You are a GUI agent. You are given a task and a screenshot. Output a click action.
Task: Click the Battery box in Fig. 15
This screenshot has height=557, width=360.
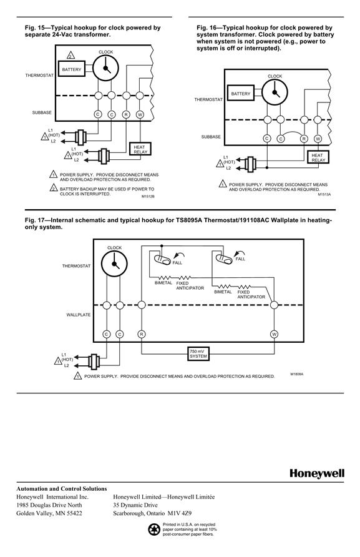(72, 69)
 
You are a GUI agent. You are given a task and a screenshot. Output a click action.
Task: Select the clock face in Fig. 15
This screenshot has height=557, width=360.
(106, 68)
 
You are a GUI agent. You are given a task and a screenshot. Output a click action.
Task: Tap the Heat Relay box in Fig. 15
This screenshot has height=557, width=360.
(140, 149)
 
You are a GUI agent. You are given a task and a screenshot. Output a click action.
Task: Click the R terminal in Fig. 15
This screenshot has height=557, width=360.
(126, 114)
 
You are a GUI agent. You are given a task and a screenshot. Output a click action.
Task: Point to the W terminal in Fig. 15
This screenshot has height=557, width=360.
(140, 114)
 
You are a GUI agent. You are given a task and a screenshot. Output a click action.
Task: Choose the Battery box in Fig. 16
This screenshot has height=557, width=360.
(241, 94)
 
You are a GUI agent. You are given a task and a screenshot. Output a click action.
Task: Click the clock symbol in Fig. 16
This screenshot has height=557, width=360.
(275, 92)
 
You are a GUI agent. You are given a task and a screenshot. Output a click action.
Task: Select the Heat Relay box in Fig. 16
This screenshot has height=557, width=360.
(318, 157)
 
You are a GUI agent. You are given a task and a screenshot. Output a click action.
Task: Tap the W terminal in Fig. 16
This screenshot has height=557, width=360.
(318, 139)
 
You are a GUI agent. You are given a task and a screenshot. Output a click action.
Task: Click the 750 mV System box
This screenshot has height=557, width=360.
(198, 353)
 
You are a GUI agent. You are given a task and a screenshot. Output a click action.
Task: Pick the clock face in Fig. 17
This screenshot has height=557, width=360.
(114, 264)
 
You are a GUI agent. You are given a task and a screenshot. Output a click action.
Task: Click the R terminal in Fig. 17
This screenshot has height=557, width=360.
(141, 334)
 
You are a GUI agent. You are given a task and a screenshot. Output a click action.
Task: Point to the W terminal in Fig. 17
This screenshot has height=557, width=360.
(274, 334)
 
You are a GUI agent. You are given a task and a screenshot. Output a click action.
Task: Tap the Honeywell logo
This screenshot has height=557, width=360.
(317, 473)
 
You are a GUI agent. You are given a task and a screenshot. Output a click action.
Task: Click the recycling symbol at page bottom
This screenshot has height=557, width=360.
(155, 530)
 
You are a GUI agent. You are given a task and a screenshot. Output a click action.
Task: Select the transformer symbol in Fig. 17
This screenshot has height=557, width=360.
(94, 362)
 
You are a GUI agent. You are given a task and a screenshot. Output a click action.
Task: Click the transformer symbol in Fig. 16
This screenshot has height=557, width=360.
(251, 164)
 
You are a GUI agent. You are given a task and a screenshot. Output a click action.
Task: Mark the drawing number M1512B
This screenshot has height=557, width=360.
(148, 197)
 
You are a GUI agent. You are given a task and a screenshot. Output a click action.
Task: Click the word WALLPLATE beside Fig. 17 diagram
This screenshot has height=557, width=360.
(79, 315)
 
